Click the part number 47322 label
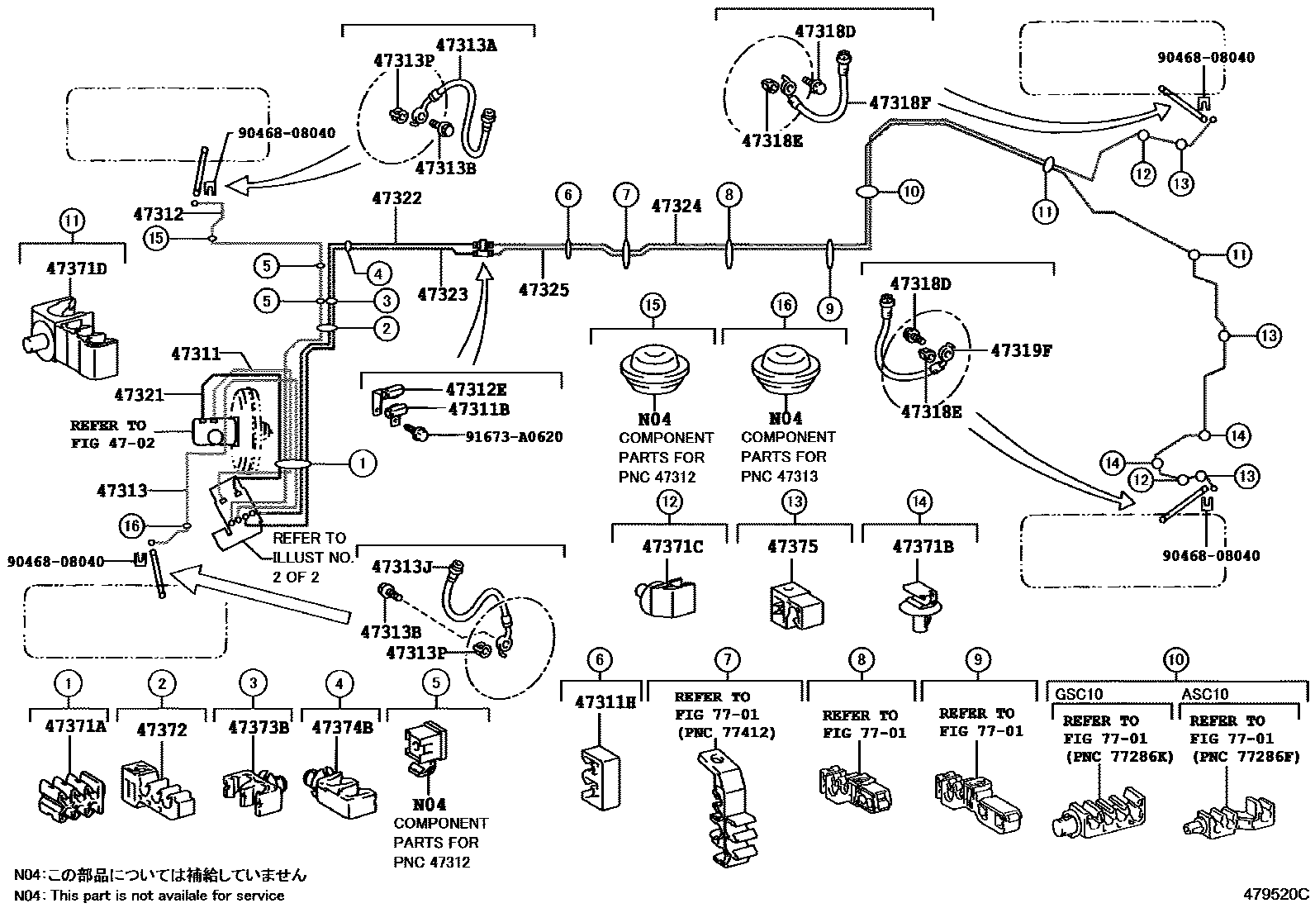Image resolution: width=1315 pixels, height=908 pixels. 396,198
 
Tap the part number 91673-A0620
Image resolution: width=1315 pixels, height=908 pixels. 512,436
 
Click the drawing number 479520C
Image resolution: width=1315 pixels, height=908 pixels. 1277,893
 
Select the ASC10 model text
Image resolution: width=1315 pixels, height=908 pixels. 1204,695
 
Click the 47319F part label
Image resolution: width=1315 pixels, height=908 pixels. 1021,350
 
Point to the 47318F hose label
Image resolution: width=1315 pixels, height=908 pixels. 900,103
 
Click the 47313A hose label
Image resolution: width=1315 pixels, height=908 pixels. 466,45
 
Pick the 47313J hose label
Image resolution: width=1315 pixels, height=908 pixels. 401,567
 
